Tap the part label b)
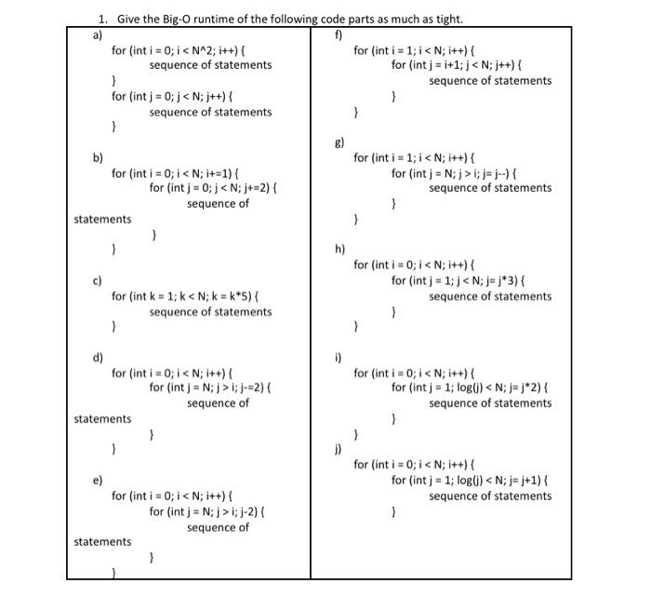coord(97,156)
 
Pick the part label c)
coord(97,280)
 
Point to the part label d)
coord(97,358)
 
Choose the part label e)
coord(97,480)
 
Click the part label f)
coord(339,36)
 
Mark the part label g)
coord(339,142)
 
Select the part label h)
coord(339,250)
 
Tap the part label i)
coord(339,358)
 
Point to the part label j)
coord(339,449)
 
